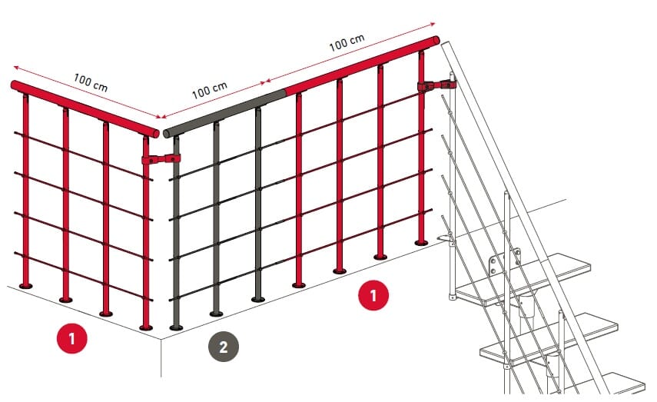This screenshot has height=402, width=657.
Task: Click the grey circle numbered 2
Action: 224,347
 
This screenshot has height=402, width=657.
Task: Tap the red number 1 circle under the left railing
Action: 72,338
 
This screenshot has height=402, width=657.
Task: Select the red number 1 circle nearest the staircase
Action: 373,295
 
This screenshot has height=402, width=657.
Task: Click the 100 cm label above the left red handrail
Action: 91,82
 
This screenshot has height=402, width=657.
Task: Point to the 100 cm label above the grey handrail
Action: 210,90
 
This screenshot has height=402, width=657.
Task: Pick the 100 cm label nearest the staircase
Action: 347,42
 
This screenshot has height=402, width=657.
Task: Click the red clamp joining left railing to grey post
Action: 161,159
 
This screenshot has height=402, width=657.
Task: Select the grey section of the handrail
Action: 224,112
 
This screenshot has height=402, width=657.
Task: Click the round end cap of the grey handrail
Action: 166,135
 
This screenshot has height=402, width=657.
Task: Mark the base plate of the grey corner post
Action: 176,327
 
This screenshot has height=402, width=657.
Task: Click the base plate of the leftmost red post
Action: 26,286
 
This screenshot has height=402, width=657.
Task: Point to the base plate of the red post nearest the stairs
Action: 422,243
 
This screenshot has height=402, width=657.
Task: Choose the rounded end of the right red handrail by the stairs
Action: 436,41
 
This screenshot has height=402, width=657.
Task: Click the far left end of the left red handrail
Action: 14,85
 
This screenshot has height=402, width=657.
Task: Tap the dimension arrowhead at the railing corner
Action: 160,117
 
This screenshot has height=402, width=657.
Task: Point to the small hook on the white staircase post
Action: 446,239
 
